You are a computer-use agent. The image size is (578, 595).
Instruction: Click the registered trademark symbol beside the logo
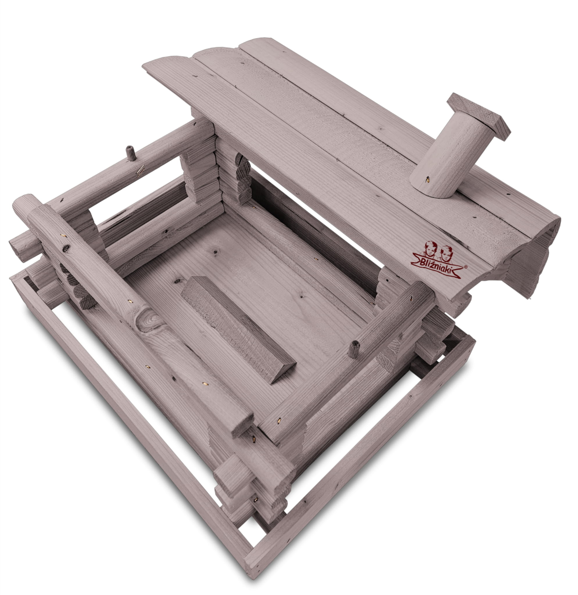point(466,267)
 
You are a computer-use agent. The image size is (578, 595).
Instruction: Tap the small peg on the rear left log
point(131,153)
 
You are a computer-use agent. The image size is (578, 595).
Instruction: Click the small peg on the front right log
point(354,349)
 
